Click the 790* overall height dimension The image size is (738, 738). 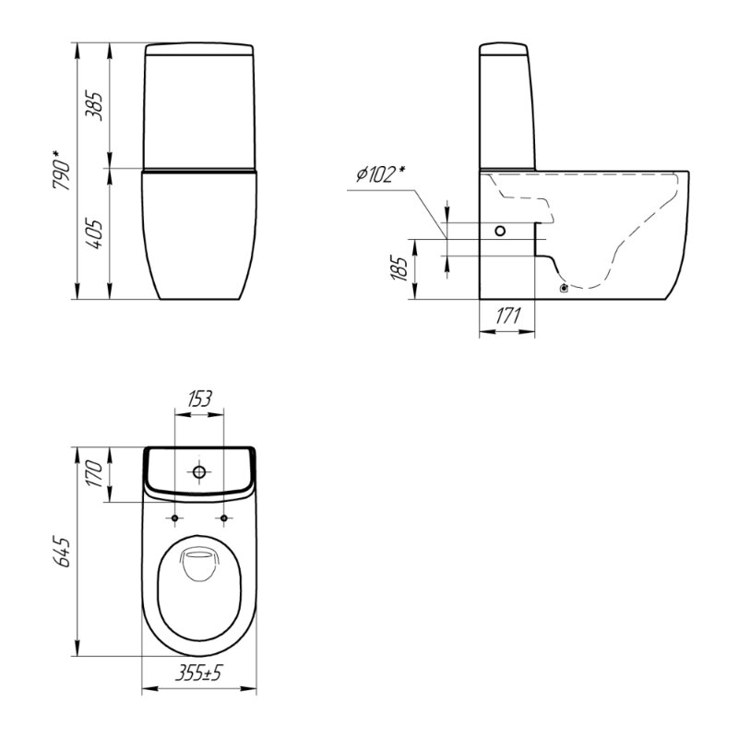pos(62,171)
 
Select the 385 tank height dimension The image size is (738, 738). pos(94,106)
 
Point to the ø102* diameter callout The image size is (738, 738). pos(381,174)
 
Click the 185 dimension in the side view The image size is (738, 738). pos(399,268)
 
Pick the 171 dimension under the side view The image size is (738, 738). pos(508,316)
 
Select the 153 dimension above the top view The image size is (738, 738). pos(199,399)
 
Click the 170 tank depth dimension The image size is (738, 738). pos(94,474)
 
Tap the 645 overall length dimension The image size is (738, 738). pos(62,551)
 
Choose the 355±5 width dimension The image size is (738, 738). pos(198,673)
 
